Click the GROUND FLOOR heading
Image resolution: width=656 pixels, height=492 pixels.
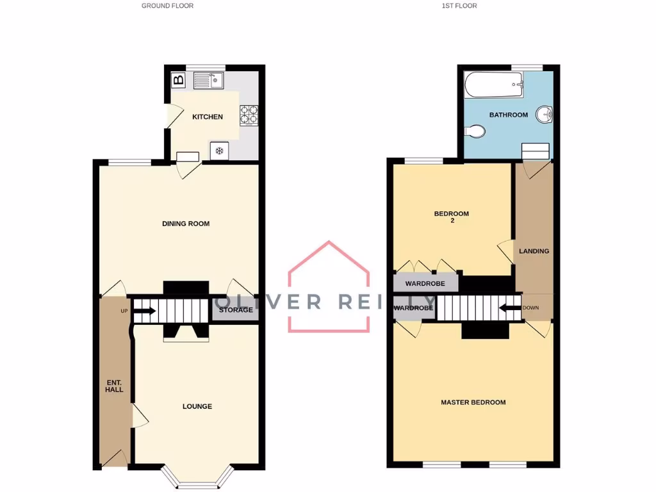(167, 6)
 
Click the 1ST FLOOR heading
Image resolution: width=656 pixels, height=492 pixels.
(459, 6)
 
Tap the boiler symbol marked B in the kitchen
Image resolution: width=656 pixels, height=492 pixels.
(179, 81)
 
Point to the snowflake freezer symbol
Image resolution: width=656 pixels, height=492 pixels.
(219, 151)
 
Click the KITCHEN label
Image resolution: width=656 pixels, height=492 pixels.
(208, 117)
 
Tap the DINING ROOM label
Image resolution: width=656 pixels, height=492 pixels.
(186, 224)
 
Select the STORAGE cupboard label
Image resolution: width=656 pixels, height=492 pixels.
(236, 310)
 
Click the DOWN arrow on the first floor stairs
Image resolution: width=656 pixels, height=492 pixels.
(511, 308)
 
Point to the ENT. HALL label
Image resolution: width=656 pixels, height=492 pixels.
(114, 386)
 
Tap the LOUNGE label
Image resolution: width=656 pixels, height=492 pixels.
(197, 406)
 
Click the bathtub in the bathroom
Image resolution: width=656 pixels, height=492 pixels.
(494, 83)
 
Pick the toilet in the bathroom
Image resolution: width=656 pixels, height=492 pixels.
(474, 131)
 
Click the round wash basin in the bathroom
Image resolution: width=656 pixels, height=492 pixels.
(545, 115)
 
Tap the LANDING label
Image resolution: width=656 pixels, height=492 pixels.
(534, 251)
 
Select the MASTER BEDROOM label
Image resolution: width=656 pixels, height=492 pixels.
(473, 402)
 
